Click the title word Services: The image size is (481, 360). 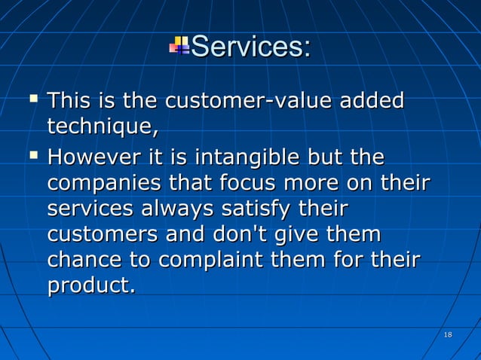pos(251,47)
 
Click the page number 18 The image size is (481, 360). pos(448,334)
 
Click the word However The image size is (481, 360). pos(93,159)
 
